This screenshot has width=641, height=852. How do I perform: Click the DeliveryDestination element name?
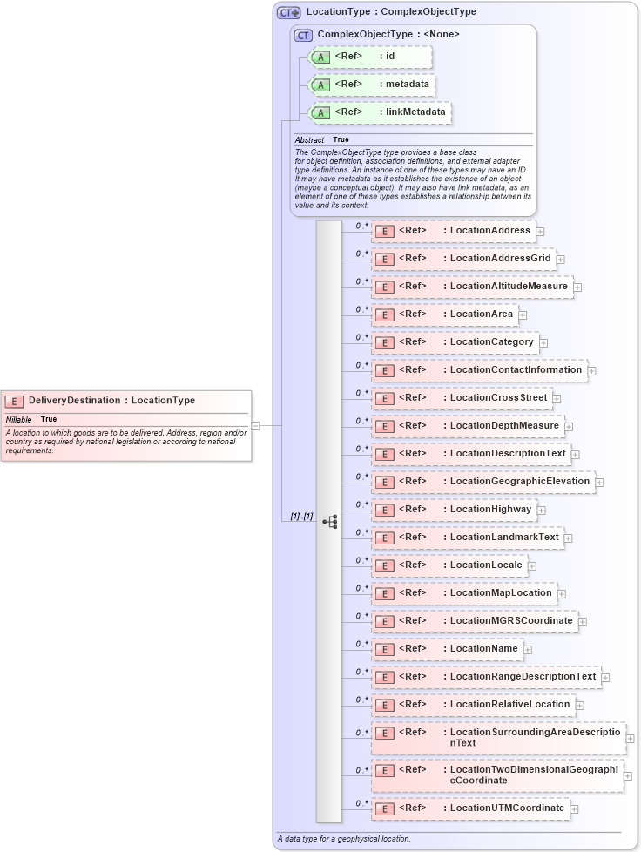74,401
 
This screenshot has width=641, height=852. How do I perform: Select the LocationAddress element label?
489,230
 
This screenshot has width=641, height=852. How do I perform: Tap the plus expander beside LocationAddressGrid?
561,260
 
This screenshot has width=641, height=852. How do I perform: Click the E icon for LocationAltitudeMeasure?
384,287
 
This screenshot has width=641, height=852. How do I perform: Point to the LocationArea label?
481,314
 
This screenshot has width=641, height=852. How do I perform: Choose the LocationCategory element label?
491,341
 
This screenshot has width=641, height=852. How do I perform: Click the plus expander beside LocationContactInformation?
591,371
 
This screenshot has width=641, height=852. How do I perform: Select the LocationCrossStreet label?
498,397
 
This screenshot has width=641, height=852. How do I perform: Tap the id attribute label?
390,56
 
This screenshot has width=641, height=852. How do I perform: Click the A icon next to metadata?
320,85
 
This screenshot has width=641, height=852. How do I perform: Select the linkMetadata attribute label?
415,112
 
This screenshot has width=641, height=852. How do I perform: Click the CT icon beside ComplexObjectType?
303,35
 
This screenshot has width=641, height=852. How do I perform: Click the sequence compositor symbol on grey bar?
329,522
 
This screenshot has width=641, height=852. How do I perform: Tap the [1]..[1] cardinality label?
301,517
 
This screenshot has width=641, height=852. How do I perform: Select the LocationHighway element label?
490,509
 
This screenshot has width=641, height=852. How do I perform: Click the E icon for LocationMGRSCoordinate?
384,621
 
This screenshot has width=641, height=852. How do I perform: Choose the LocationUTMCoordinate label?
507,808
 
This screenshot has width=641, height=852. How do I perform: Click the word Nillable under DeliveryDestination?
18,419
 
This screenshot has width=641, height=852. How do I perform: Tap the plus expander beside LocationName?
528,650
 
